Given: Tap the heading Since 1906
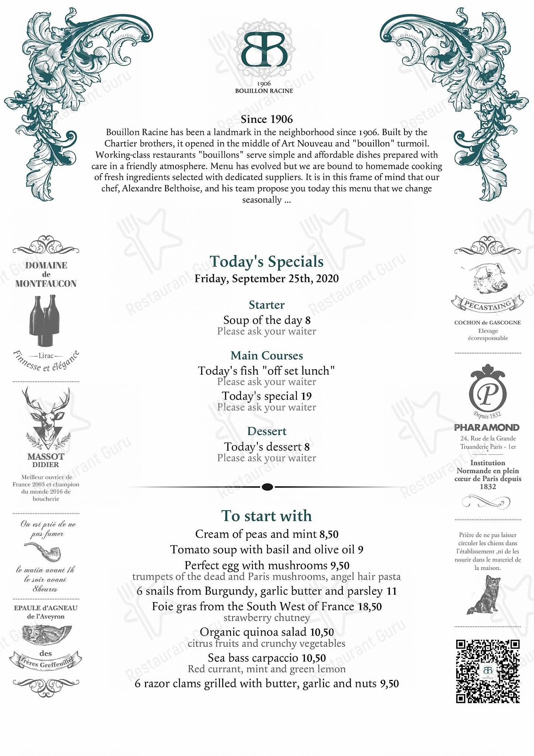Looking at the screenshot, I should pyautogui.click(x=266, y=119).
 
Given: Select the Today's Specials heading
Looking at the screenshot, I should pyautogui.click(x=266, y=262).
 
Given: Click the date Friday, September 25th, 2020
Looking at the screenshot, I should pyautogui.click(x=266, y=279).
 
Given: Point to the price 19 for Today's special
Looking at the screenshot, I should pyautogui.click(x=306, y=396).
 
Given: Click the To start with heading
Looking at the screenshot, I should pyautogui.click(x=266, y=516).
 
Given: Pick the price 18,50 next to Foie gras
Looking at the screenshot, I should pyautogui.click(x=370, y=606).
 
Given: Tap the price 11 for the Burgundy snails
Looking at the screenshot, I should pyautogui.click(x=391, y=591).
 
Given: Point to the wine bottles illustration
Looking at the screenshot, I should pyautogui.click(x=44, y=320).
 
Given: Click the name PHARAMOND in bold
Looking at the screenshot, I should pyautogui.click(x=487, y=427).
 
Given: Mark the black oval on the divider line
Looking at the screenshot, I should pyautogui.click(x=267, y=487).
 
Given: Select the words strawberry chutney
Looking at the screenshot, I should pyautogui.click(x=266, y=618).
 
